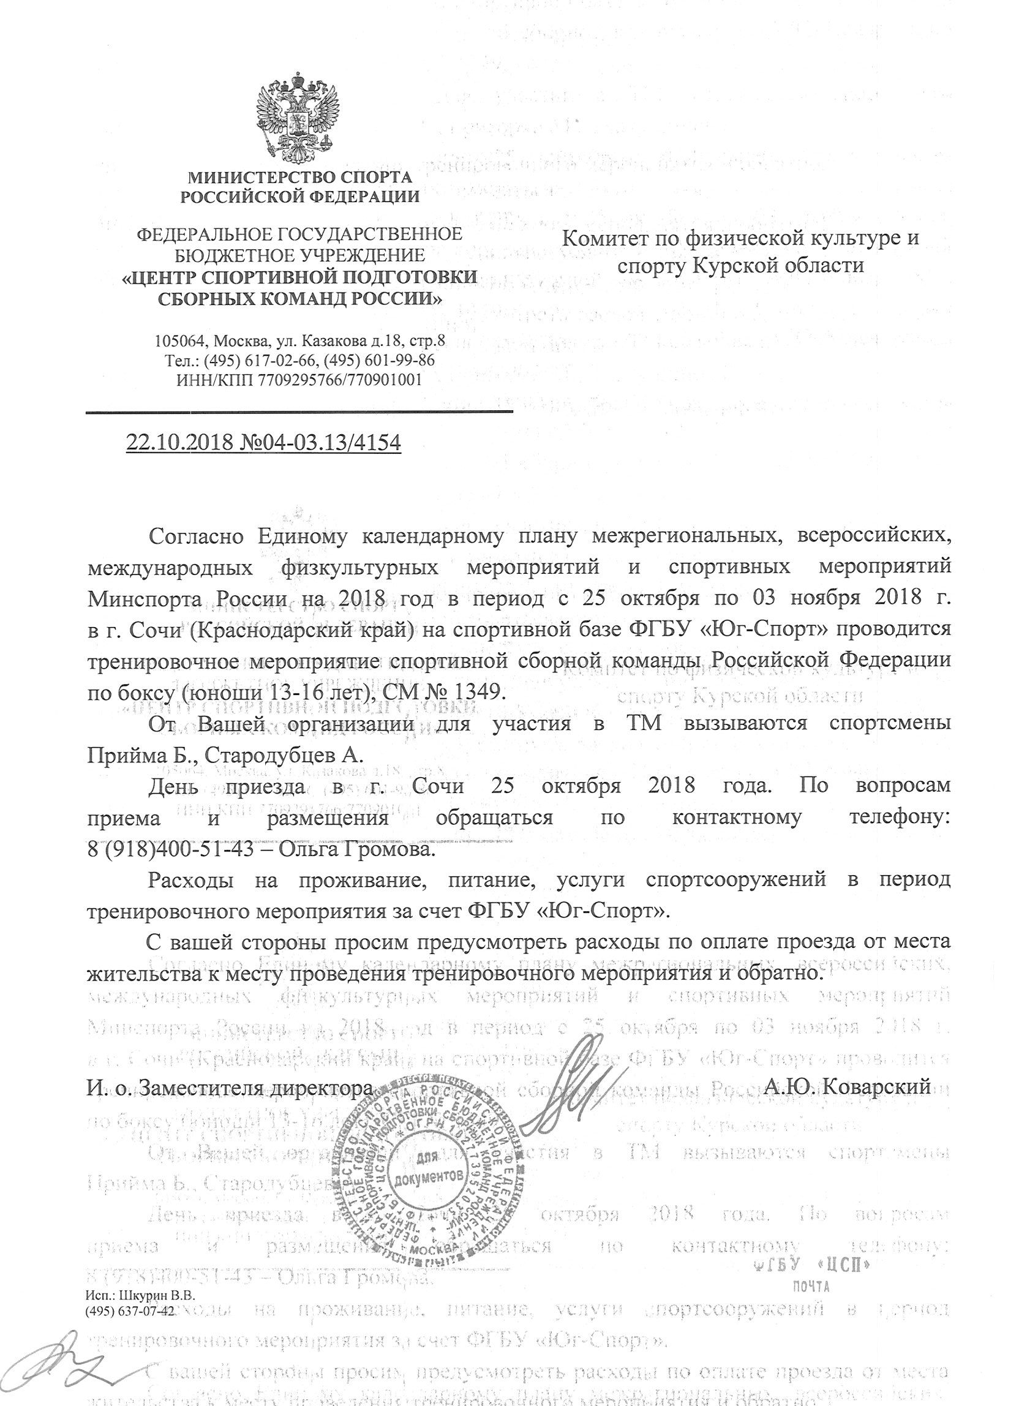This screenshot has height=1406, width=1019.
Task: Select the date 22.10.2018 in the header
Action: [179, 442]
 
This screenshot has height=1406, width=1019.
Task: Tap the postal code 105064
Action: [181, 341]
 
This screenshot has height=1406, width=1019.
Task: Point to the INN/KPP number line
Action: [299, 379]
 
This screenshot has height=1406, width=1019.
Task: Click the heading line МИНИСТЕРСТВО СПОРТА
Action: [300, 178]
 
